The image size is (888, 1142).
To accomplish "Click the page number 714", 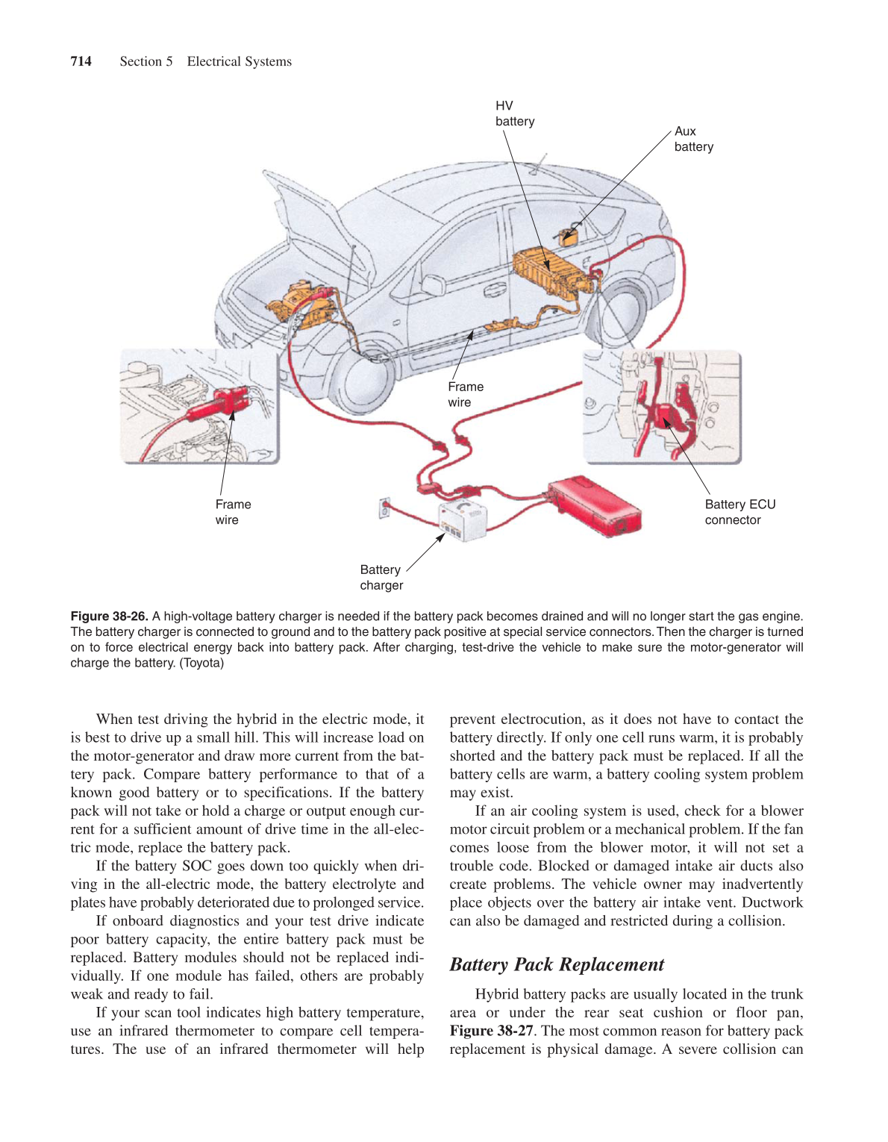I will [81, 61].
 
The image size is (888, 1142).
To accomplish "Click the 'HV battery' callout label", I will [515, 113].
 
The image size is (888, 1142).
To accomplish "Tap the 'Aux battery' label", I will [693, 139].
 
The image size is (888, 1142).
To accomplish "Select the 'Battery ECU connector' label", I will [740, 512].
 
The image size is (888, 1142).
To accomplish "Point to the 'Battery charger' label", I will [381, 577].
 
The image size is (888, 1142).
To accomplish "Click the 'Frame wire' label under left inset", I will [233, 512].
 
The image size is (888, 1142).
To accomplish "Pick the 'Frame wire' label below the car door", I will [466, 394].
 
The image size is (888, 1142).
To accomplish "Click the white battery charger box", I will [463, 520].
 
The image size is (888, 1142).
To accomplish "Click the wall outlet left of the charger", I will [384, 509].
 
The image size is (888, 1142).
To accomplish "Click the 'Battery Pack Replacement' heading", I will [557, 964].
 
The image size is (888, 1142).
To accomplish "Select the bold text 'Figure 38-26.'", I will [109, 616].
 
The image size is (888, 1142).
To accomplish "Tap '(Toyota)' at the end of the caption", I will [201, 663].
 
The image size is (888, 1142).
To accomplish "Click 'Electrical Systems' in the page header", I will [239, 61].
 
